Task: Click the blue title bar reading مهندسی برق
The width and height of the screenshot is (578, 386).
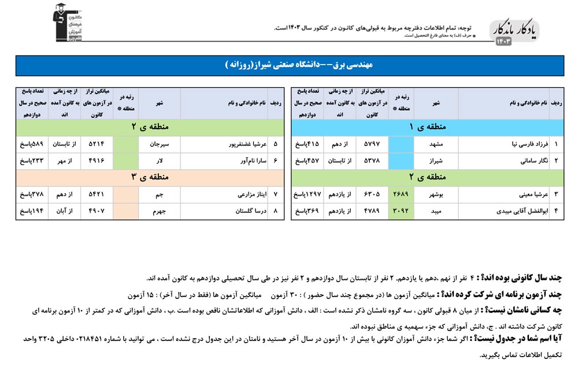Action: tap(290, 65)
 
